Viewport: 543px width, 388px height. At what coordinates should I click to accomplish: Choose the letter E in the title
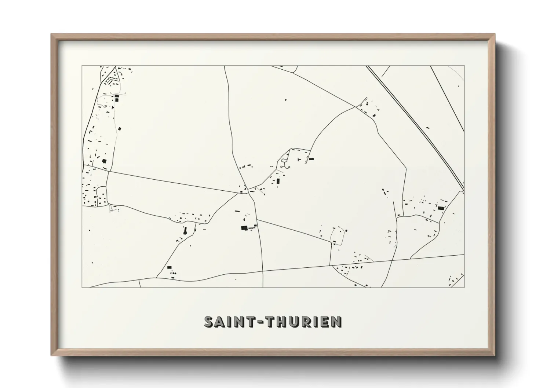[x=326, y=322]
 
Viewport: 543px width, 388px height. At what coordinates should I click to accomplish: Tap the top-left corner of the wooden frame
[x=52, y=35]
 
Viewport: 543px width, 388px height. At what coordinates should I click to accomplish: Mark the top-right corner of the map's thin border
[x=464, y=66]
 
